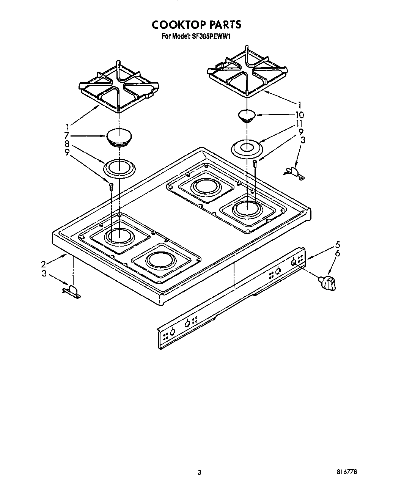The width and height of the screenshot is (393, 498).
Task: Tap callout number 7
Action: (67, 135)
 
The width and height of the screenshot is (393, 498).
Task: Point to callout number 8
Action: (67, 144)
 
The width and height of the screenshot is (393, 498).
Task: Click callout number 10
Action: (300, 115)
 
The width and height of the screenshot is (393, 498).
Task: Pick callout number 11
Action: (300, 124)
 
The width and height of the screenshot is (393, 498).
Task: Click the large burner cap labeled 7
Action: (119, 137)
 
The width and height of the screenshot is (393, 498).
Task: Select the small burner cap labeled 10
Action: (247, 115)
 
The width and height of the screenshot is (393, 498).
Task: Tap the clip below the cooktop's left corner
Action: (72, 291)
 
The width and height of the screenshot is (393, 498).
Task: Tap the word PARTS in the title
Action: (224, 25)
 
